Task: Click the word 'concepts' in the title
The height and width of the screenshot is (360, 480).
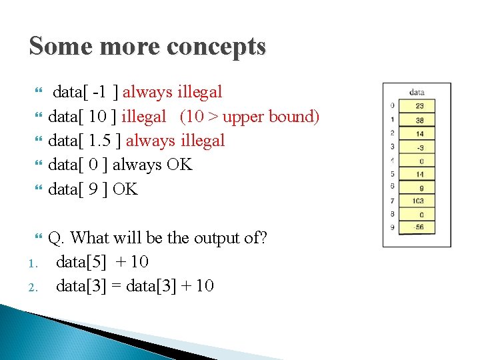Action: (x=217, y=46)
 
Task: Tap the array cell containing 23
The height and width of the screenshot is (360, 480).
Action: (x=419, y=105)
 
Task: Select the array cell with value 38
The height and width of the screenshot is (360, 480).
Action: (x=419, y=119)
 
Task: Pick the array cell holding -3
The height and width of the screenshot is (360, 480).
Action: (x=419, y=147)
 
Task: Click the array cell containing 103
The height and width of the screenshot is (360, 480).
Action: (x=419, y=201)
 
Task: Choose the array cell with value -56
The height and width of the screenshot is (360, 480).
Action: (x=419, y=228)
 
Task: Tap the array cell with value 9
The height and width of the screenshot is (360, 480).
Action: (x=419, y=187)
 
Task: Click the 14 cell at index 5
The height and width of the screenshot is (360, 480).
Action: (x=419, y=174)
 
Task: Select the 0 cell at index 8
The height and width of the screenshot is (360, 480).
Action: (x=419, y=215)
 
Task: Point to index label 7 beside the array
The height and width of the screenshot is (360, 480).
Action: (x=392, y=201)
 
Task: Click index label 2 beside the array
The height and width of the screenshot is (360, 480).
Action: (x=392, y=133)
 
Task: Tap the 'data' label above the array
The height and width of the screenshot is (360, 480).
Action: (x=417, y=92)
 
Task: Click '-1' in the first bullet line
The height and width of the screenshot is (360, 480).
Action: (x=102, y=92)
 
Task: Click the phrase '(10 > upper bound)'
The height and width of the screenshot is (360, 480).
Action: (x=249, y=117)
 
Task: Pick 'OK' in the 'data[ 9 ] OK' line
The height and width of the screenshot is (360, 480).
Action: (x=125, y=189)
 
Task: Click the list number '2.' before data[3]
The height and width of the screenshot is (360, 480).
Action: (x=35, y=287)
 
